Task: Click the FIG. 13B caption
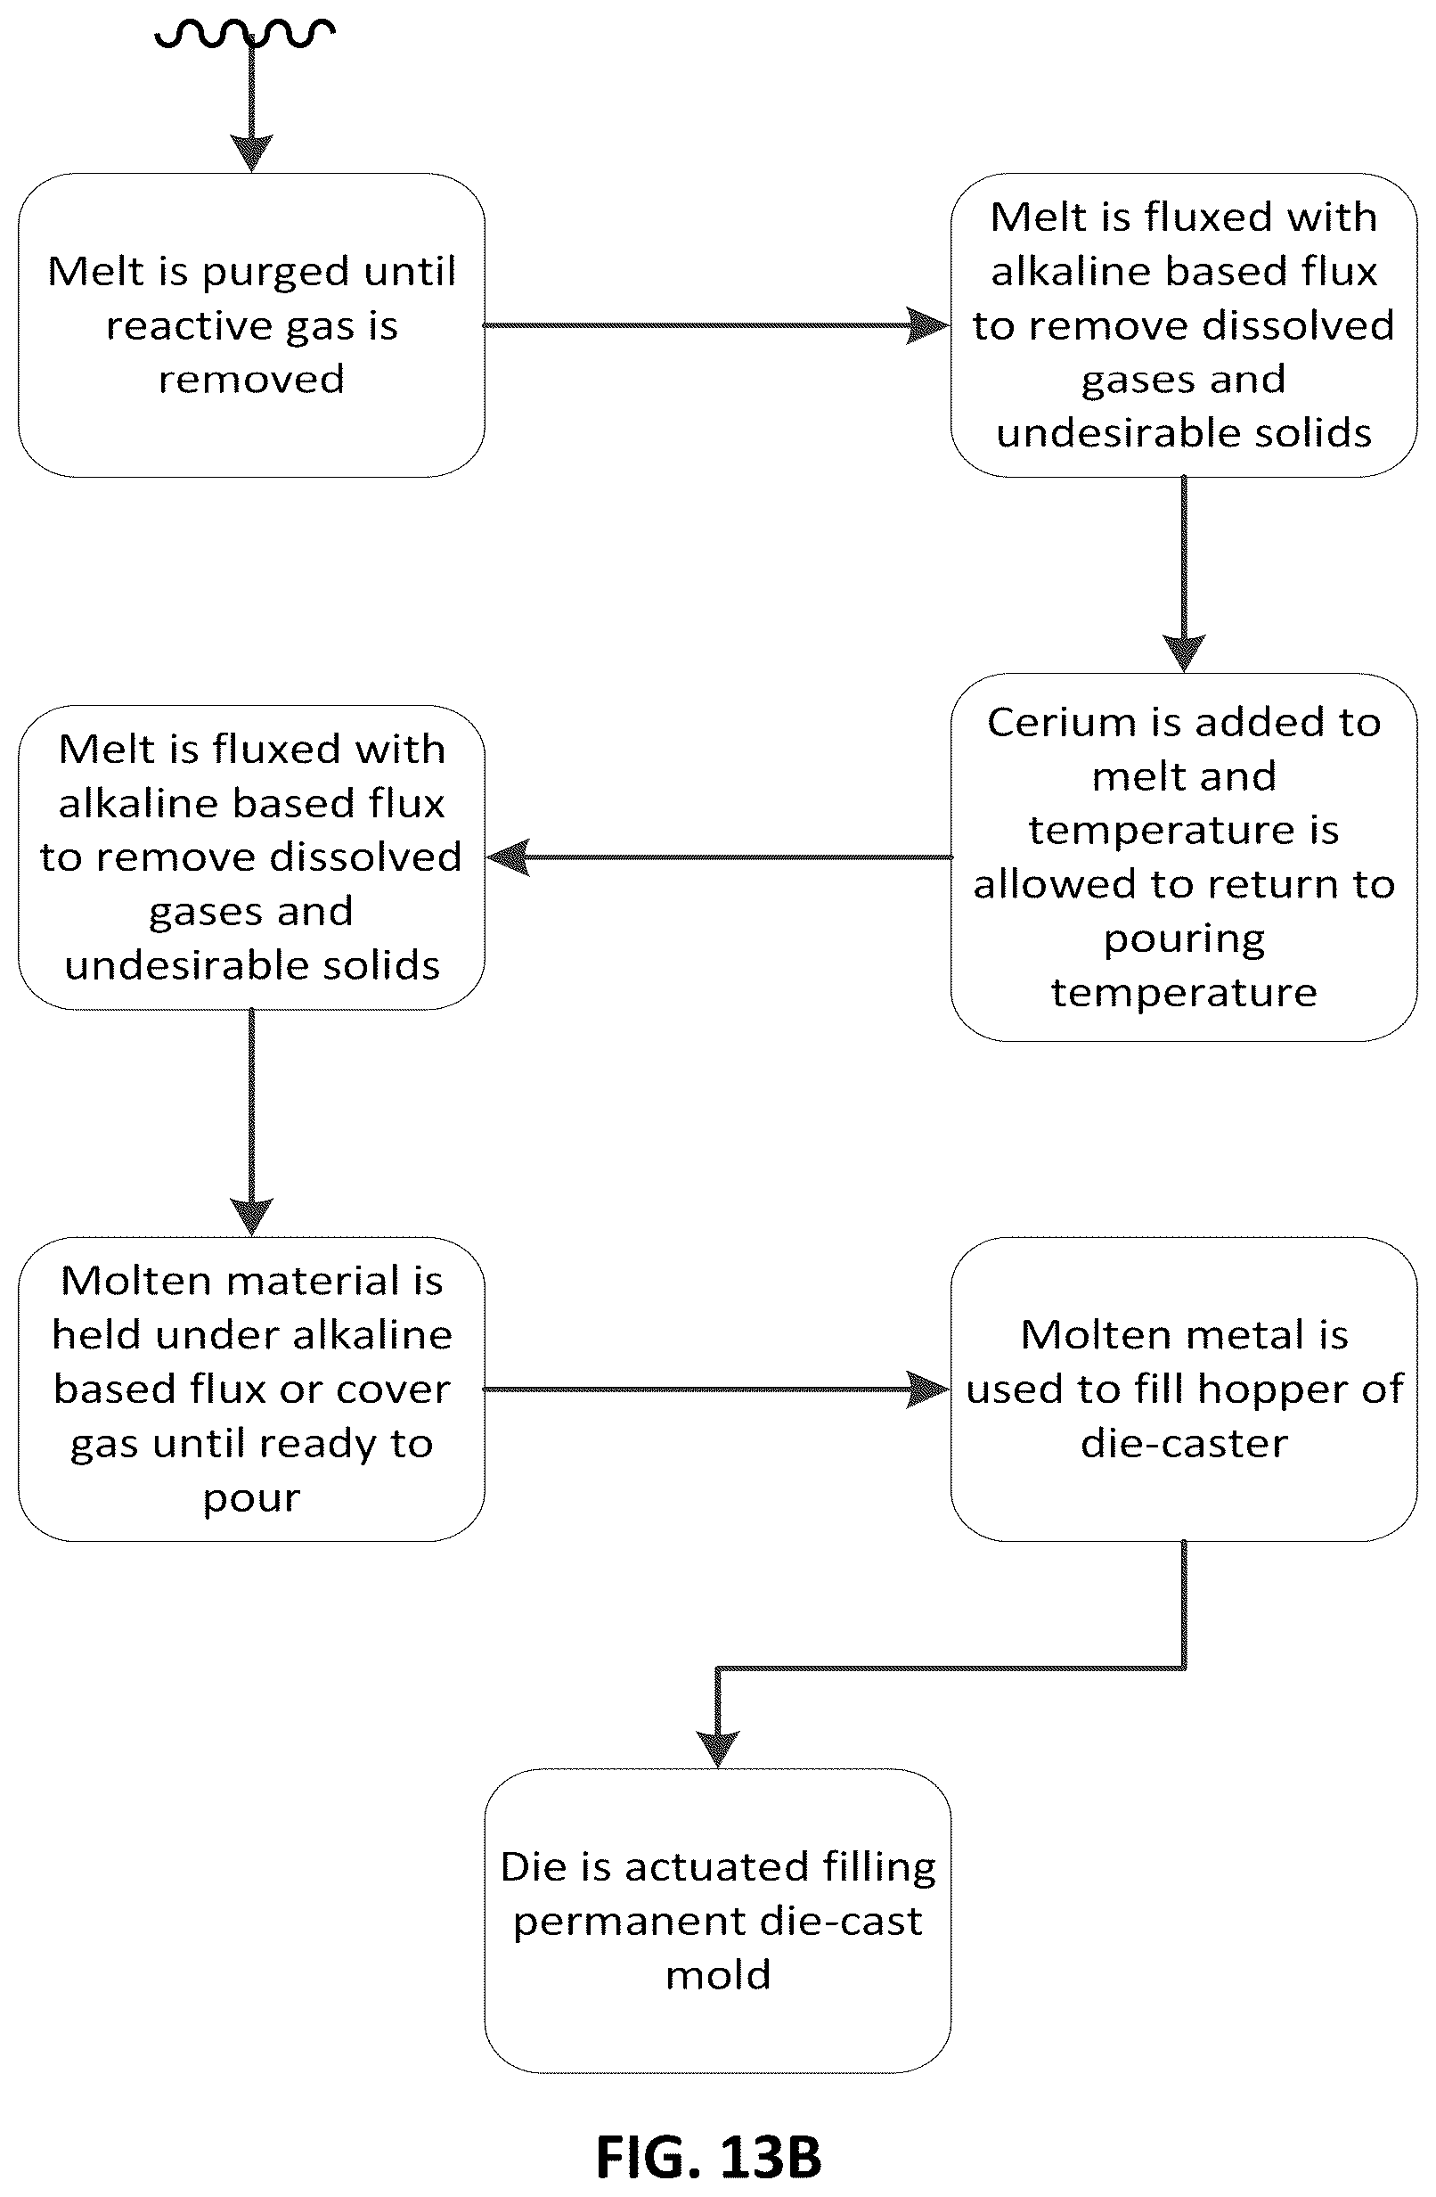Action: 708,2156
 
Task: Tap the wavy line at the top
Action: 245,33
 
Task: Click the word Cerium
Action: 1059,722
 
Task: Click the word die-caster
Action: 1184,1443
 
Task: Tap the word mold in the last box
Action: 718,1975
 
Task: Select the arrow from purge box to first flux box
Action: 717,325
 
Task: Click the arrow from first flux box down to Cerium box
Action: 1184,573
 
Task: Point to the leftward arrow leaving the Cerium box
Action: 718,857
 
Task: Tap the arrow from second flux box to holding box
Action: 251,1122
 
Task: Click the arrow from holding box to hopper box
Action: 717,1390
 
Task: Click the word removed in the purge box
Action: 251,380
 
